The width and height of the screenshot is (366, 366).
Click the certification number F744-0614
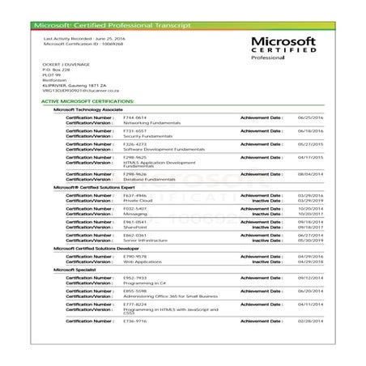pyautogui.click(x=134, y=117)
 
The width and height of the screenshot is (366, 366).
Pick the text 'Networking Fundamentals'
pyautogui.click(x=150, y=121)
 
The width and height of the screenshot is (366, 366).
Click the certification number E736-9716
pyautogui.click(x=134, y=321)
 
